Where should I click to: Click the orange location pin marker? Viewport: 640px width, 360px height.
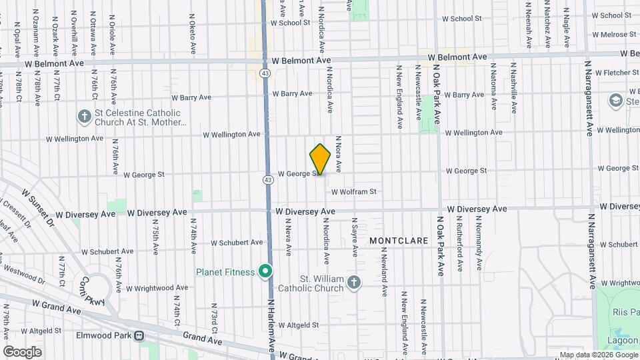[x=320, y=159]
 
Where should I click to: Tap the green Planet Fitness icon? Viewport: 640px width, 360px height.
[x=265, y=272]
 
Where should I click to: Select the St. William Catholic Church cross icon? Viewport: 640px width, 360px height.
[x=353, y=283]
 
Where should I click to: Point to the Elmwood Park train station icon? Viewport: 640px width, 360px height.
[x=139, y=336]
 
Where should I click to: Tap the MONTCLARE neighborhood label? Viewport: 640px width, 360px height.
[x=393, y=239]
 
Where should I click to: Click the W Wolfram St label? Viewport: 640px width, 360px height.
[x=354, y=192]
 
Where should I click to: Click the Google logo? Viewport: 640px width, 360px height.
[x=22, y=352]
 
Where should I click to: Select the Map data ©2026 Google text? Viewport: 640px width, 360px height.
[x=598, y=355]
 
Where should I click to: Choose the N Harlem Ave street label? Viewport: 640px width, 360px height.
[x=271, y=327]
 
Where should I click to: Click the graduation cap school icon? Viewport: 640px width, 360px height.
[x=615, y=100]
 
